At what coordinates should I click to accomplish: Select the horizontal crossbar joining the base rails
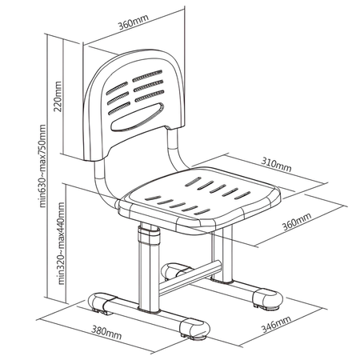click(192, 274)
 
